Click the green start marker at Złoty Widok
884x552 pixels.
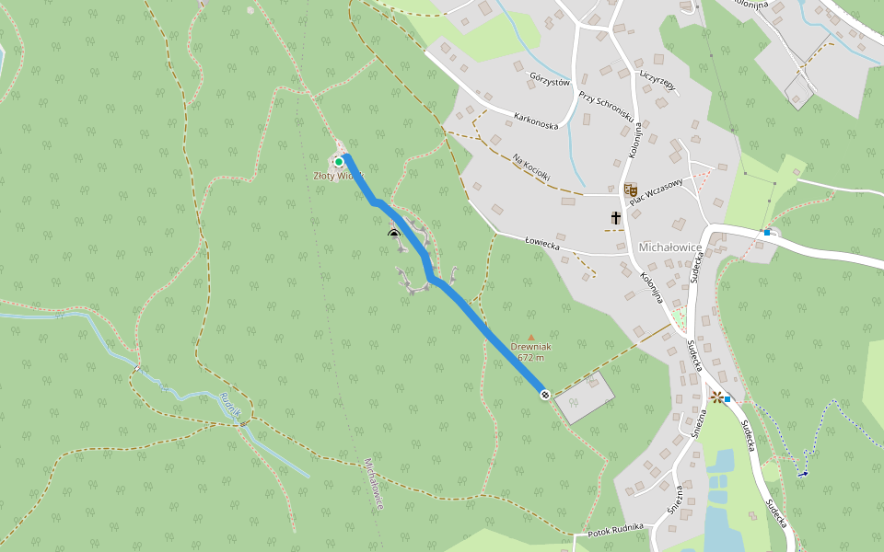(339, 162)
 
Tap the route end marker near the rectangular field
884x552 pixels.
(545, 395)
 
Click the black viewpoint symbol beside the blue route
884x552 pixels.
(394, 234)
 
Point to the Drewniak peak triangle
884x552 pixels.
(530, 338)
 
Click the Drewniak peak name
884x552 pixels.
(530, 348)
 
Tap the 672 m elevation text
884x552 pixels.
(531, 358)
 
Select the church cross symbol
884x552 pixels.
(615, 218)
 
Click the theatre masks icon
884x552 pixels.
(631, 190)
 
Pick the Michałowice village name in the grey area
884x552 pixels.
(670, 247)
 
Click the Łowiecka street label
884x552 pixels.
(542, 244)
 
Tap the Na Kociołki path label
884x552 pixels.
(531, 167)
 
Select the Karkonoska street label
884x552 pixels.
(536, 120)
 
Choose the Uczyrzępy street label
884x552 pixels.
(657, 79)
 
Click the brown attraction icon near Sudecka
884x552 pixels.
(716, 397)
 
